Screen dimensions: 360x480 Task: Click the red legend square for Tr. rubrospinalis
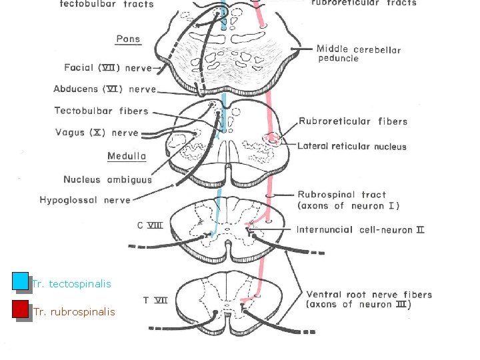click(x=20, y=309)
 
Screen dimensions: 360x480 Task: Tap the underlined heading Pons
click(x=128, y=39)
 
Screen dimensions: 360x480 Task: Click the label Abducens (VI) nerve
click(x=105, y=89)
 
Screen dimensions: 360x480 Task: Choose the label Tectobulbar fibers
click(x=101, y=111)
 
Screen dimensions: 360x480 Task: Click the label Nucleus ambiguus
click(x=107, y=179)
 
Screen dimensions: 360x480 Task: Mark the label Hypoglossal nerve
click(x=85, y=199)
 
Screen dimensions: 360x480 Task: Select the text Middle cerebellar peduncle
click(x=358, y=53)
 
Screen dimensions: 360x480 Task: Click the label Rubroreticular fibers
click(x=353, y=121)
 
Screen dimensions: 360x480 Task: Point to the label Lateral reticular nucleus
click(x=351, y=146)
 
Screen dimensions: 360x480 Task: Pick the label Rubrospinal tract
click(x=341, y=195)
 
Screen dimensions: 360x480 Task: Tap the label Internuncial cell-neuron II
click(x=360, y=230)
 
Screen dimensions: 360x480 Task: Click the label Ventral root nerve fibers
click(x=369, y=294)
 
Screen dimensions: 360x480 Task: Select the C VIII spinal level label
click(x=150, y=225)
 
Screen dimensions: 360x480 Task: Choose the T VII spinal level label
click(x=155, y=300)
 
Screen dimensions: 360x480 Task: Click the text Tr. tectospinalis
click(x=71, y=284)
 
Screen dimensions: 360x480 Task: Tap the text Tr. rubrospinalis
click(x=73, y=312)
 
